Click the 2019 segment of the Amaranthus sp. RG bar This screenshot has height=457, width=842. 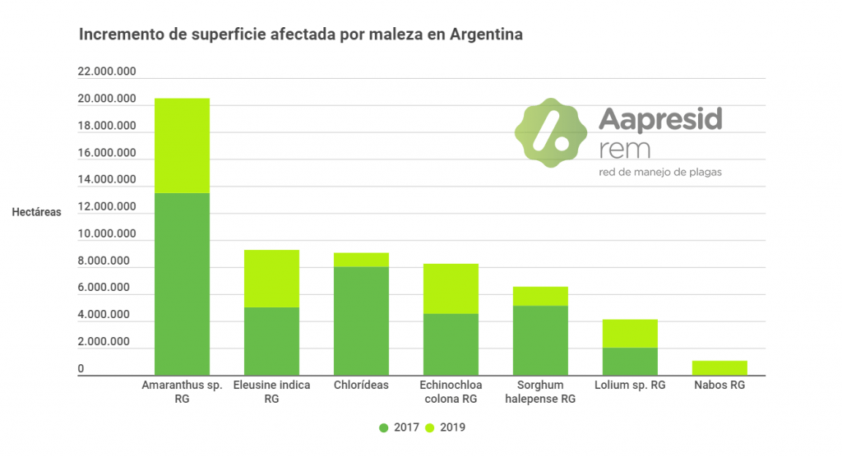(182, 145)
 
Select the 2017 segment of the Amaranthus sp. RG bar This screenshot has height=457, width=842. (182, 284)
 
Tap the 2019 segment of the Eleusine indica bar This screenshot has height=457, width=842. (271, 279)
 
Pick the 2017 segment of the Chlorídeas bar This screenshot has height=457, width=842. (361, 321)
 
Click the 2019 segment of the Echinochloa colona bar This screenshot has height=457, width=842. (451, 289)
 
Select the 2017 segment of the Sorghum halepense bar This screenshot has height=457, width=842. (540, 340)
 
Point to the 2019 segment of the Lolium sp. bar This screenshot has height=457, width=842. (630, 333)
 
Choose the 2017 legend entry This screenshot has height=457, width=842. (400, 427)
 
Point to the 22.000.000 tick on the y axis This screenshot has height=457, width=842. (107, 72)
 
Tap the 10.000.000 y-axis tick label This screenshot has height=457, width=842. (107, 234)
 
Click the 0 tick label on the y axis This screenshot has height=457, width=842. (81, 369)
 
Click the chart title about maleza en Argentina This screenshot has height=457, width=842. (300, 35)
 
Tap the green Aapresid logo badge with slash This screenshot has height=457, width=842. (550, 132)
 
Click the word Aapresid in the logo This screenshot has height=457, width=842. (660, 120)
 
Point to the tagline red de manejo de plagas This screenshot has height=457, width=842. (661, 172)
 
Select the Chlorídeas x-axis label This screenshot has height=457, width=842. (361, 385)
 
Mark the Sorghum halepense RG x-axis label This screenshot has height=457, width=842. (540, 392)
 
